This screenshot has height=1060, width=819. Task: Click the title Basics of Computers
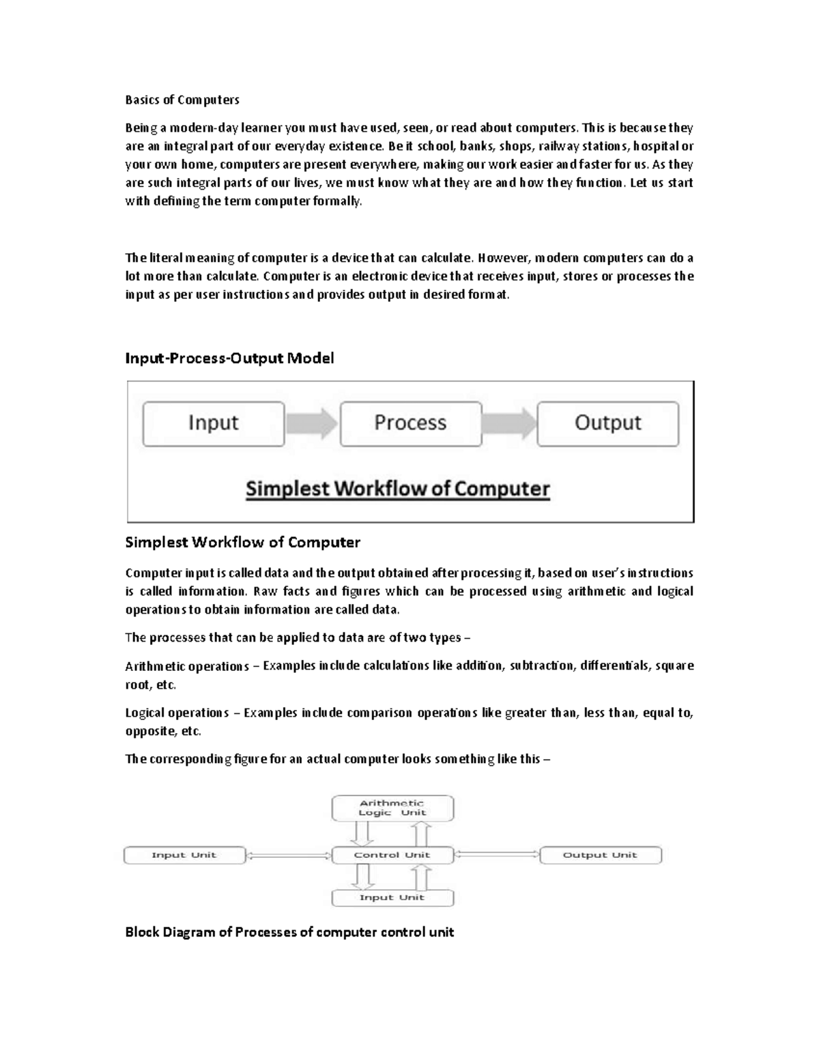coord(182,100)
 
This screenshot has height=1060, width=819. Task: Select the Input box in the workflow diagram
coord(214,423)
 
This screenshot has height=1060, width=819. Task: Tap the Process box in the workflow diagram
coord(410,423)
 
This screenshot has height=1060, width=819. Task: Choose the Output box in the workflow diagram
coord(608,423)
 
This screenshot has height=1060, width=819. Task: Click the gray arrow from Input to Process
coord(311,424)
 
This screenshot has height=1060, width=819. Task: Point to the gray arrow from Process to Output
coord(509,424)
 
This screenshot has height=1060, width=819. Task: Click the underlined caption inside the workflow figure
coord(397,489)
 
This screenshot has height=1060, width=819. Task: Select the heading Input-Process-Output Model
coord(229,358)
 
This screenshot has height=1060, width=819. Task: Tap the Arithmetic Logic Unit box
coord(392,808)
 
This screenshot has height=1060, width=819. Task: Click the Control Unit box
coord(392,855)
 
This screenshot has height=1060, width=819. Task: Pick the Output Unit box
coord(600,855)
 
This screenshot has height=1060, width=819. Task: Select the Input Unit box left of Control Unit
coord(184,855)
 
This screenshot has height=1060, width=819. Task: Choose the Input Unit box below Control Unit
coord(392,898)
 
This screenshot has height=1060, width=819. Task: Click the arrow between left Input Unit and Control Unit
coord(288,855)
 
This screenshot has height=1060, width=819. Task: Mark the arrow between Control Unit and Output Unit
coord(496,855)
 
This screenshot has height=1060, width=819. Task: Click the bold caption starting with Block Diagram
coord(289,932)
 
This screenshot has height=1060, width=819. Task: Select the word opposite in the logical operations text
coord(149,732)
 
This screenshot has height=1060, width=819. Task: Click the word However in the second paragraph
coord(504,258)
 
